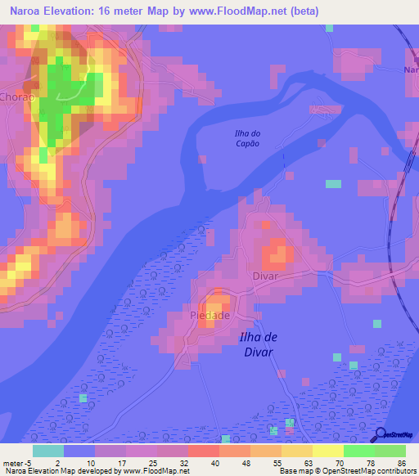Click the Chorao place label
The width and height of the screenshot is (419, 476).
[x=16, y=95]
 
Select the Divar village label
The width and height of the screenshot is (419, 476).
[x=266, y=276]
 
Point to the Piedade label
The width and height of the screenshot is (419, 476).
[x=209, y=315]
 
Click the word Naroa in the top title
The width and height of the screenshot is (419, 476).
[x=26, y=11]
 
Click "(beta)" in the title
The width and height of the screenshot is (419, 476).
[x=301, y=11]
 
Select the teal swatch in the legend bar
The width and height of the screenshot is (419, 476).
[x=47, y=451]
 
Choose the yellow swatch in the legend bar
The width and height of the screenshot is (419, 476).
[x=328, y=451]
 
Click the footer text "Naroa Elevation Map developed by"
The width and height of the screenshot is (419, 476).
[x=59, y=471]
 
